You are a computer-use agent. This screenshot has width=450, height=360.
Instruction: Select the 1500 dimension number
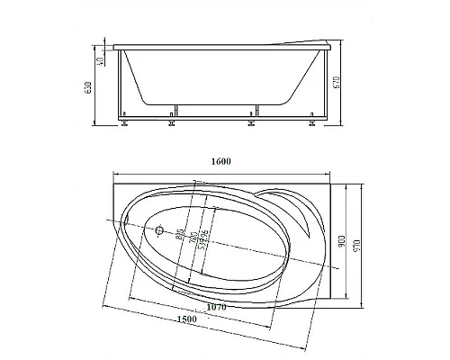click(x=187, y=320)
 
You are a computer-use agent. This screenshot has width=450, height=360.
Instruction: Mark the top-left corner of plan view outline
click(x=115, y=179)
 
